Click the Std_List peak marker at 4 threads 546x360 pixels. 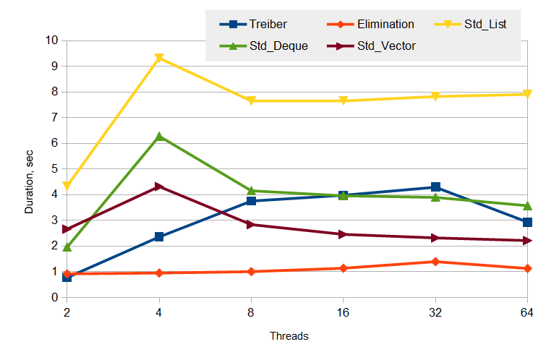click(159, 58)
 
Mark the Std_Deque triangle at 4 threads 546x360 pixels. click(159, 136)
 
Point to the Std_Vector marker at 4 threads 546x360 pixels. click(159, 187)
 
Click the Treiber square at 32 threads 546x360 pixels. click(435, 187)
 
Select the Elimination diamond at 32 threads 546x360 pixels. click(435, 262)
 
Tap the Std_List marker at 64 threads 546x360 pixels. click(527, 94)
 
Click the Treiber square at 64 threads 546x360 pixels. click(527, 222)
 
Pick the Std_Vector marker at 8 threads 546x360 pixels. click(251, 224)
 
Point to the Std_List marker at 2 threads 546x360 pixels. click(67, 186)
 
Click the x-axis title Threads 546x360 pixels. click(289, 336)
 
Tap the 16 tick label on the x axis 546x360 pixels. click(343, 312)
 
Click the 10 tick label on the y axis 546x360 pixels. click(51, 40)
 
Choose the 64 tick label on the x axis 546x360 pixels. click(526, 312)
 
